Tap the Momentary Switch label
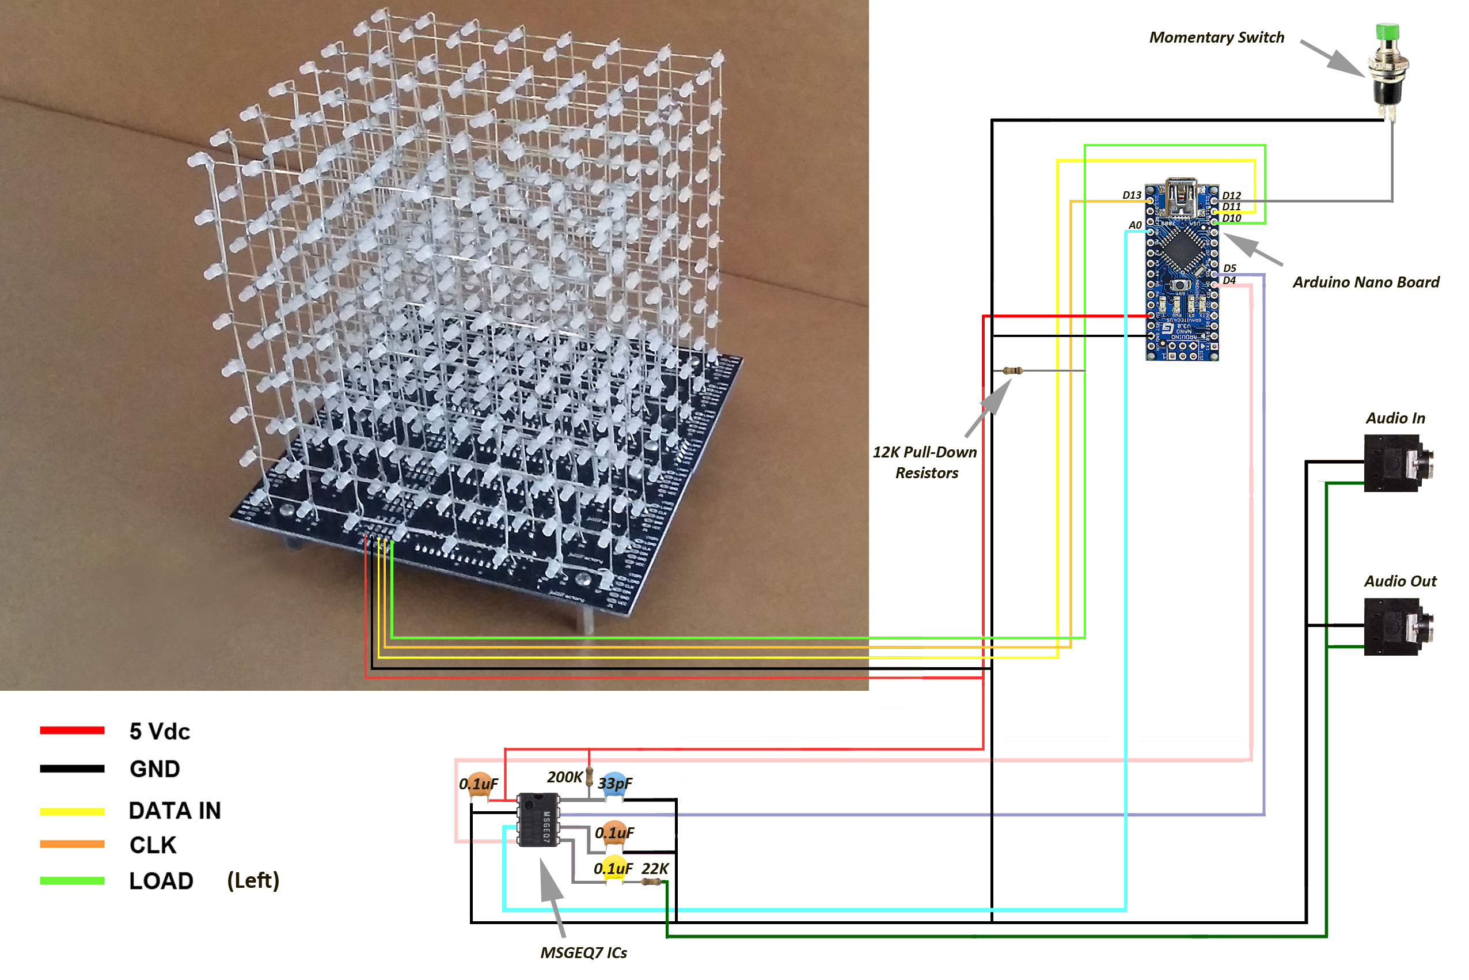pos(1217,37)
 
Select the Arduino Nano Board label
pos(1366,282)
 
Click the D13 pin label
pos(1131,195)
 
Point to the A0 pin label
pos(1135,225)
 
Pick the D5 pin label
pos(1229,268)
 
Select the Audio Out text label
pos(1400,581)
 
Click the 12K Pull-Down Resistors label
pos(925,463)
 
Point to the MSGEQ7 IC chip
pos(538,819)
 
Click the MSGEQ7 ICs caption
pos(583,952)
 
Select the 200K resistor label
pos(564,777)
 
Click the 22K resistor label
pos(655,869)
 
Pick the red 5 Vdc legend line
pos(72,731)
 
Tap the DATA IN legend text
pos(175,811)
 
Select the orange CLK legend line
pos(72,845)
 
